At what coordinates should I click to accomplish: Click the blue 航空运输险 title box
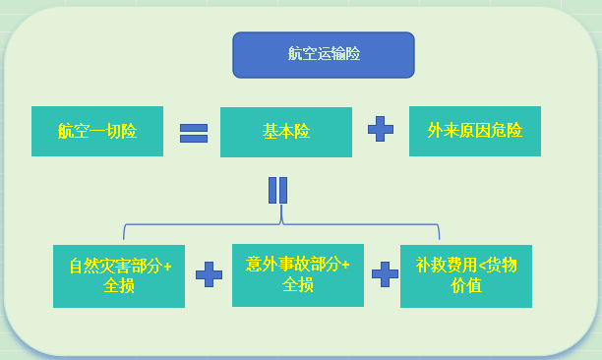click(323, 55)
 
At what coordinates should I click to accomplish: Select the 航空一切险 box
click(96, 131)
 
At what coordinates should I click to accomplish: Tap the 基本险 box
click(285, 132)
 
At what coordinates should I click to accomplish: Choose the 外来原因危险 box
click(474, 131)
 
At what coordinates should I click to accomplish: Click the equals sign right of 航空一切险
click(193, 132)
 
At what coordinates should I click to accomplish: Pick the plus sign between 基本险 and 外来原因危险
click(380, 130)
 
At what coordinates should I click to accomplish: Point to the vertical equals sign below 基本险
click(277, 189)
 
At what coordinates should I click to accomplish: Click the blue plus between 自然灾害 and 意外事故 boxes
click(209, 274)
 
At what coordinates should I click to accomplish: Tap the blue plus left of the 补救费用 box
click(385, 273)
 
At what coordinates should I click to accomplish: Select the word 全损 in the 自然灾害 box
click(119, 286)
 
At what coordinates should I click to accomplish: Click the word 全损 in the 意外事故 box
click(298, 284)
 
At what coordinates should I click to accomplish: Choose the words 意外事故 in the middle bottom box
click(277, 264)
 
